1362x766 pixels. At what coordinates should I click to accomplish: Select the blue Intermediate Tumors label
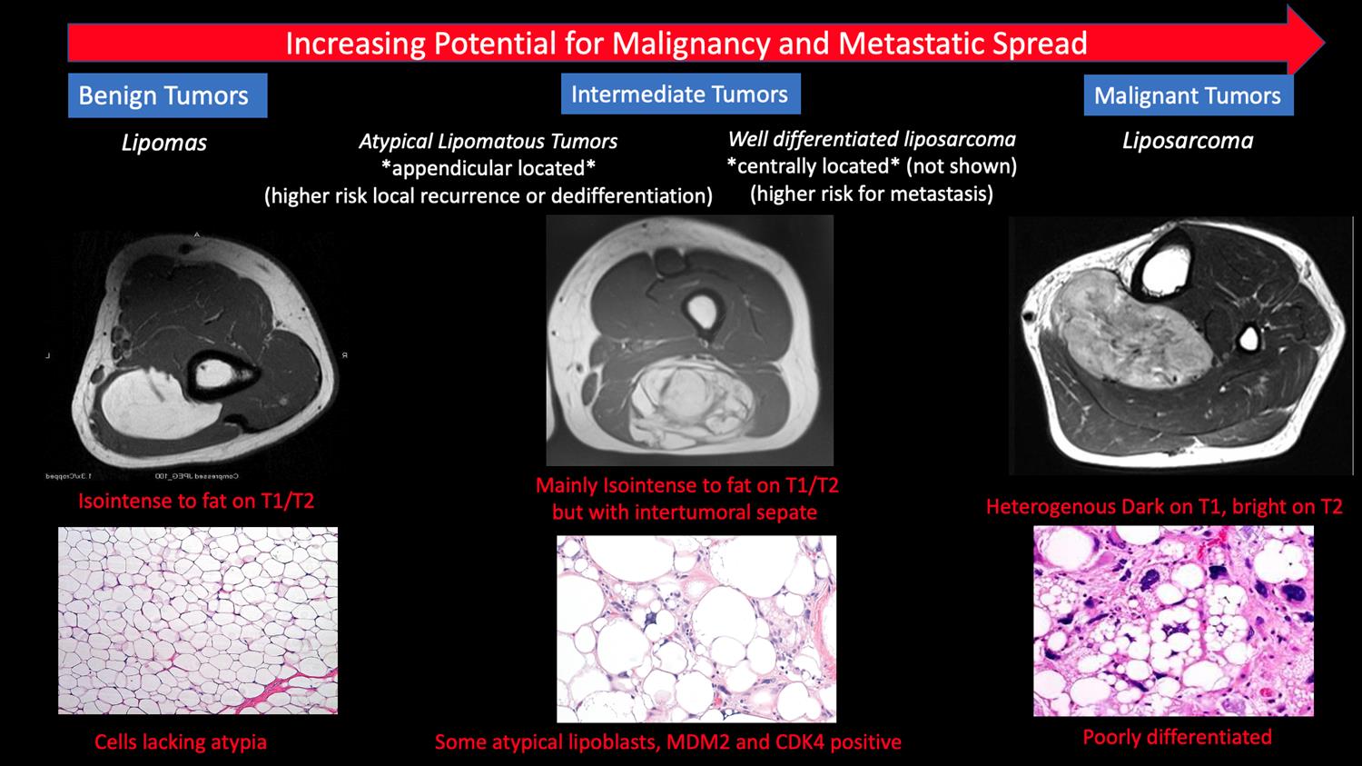coord(679,95)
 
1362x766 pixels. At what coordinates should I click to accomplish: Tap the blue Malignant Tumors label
coord(1187,96)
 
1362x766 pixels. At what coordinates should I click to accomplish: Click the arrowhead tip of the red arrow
coord(1321,43)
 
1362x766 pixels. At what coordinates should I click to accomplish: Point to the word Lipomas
coord(164,143)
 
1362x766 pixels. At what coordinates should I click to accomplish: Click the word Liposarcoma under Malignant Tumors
coord(1188,141)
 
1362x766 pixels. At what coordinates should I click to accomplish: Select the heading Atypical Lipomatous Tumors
coord(488,142)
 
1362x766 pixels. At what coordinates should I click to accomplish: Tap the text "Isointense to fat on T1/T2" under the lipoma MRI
coord(196,501)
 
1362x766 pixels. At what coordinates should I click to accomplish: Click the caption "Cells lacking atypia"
coord(181,742)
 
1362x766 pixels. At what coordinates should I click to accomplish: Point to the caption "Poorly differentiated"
coord(1177,737)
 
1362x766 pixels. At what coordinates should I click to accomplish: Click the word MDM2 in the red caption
coord(698,742)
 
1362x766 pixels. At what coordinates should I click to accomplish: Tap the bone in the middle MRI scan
coord(701,311)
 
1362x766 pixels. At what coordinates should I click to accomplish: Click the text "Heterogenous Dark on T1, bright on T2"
coord(1164,506)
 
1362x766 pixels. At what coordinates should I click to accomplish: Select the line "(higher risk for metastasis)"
coord(872,194)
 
